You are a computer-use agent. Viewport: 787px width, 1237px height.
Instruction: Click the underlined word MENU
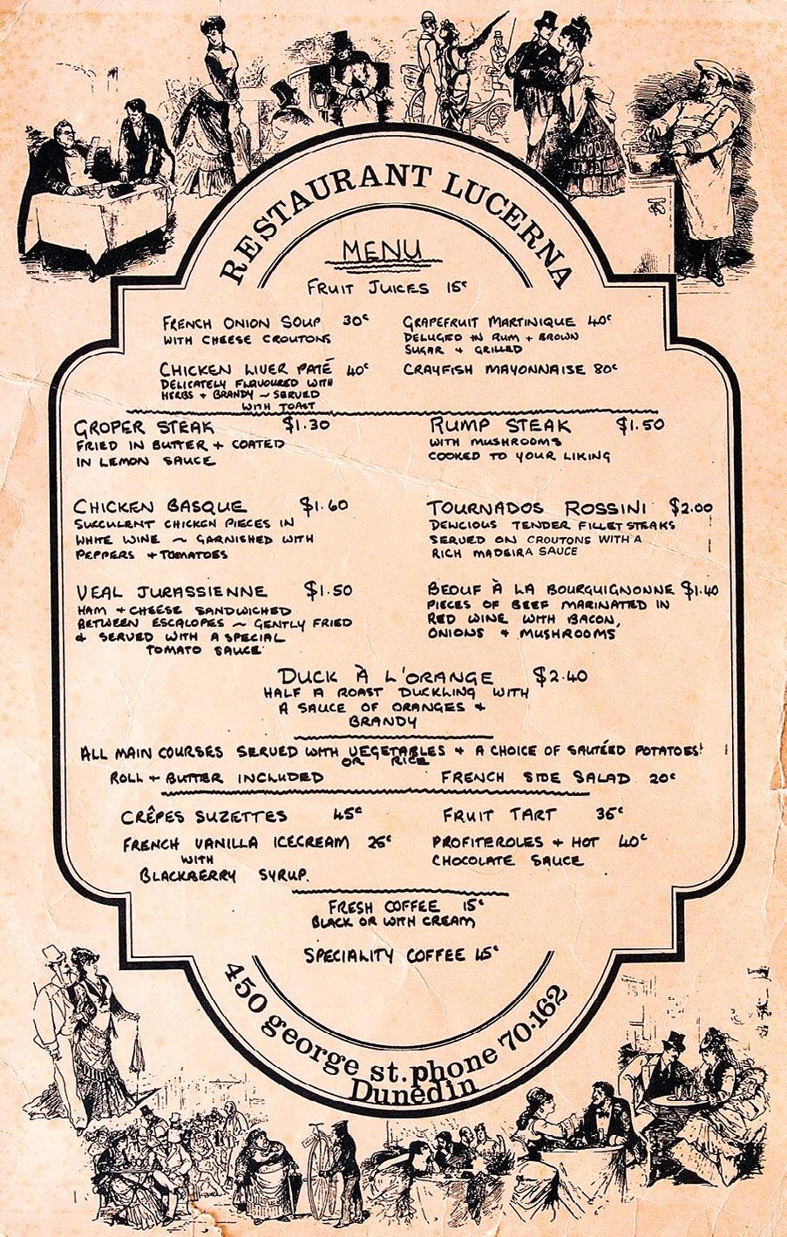[x=382, y=251]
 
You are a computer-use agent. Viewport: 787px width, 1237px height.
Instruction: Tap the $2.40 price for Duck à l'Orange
[x=560, y=676]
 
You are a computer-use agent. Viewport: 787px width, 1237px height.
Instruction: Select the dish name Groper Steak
[x=144, y=428]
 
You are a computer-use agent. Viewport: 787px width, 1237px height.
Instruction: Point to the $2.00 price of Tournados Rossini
[x=691, y=507]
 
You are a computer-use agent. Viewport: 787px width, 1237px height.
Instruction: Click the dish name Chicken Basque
[x=159, y=506]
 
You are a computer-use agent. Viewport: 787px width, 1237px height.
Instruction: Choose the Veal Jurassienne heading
[x=170, y=590]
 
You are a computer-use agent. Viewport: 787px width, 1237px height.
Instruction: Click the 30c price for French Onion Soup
[x=355, y=321]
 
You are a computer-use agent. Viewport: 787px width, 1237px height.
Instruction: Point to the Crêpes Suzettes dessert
[x=206, y=816]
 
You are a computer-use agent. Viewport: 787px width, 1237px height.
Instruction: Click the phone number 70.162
[x=534, y=1016]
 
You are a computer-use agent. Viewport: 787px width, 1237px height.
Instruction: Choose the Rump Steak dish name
[x=500, y=425]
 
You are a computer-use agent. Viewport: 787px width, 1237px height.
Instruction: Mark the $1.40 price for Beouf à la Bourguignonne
[x=700, y=588]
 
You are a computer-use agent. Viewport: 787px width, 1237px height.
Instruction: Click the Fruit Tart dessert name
[x=499, y=815]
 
